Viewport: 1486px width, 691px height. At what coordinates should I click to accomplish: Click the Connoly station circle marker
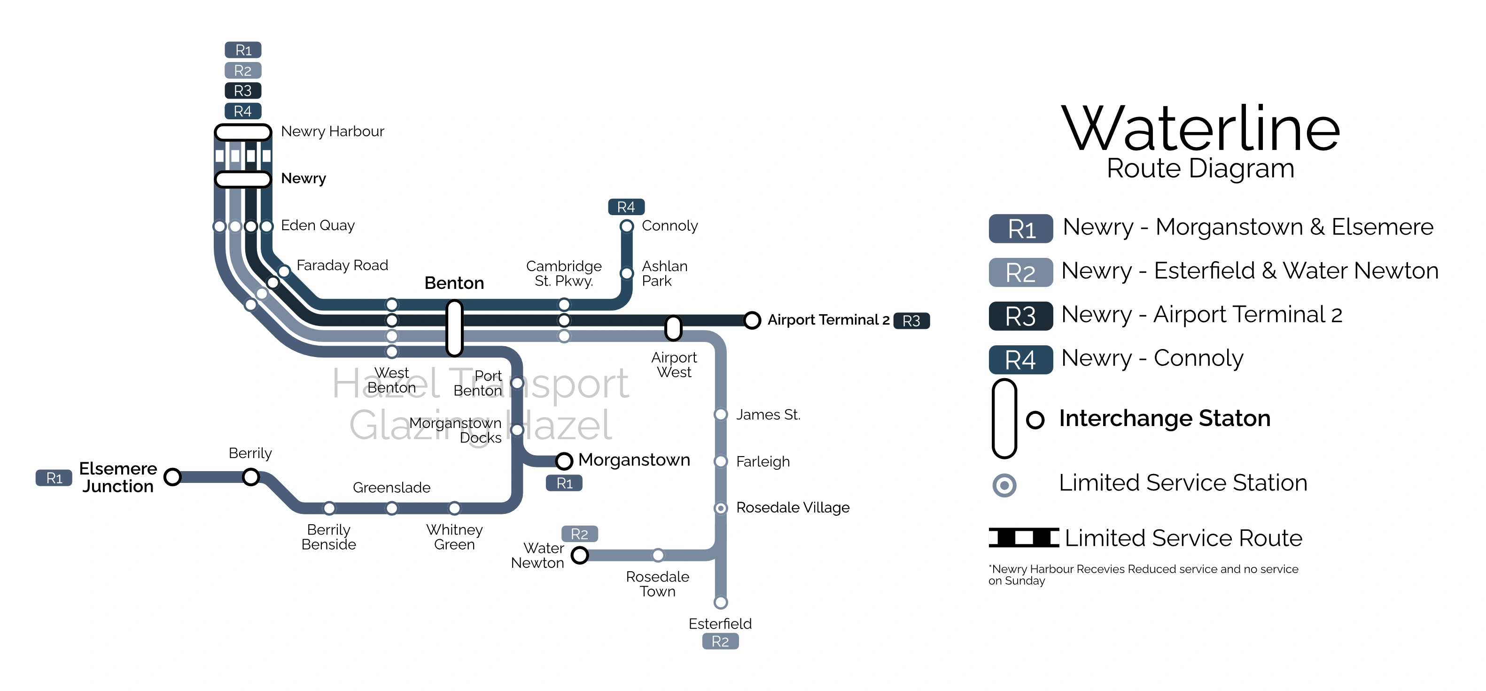click(x=626, y=226)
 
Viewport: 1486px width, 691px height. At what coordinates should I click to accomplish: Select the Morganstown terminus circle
click(x=564, y=460)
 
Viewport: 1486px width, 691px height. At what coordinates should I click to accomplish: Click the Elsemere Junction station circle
click(x=172, y=477)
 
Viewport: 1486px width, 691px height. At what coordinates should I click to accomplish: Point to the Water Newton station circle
click(x=579, y=555)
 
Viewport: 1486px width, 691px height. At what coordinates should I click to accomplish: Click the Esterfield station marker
click(x=721, y=602)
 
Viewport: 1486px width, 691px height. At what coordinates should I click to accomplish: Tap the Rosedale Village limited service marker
click(x=721, y=508)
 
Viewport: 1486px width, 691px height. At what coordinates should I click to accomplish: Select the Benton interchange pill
click(x=455, y=327)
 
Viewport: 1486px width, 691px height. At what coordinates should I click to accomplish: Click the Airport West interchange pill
click(x=673, y=327)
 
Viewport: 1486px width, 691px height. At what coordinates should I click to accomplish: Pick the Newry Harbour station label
click(x=332, y=132)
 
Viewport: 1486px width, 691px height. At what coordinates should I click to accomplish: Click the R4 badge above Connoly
click(x=626, y=207)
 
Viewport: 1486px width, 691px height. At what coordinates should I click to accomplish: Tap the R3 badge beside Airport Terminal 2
click(x=911, y=321)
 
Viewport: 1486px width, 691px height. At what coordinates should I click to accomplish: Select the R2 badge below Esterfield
click(x=720, y=641)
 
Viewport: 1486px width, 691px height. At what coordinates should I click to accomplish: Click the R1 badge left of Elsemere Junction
click(x=54, y=478)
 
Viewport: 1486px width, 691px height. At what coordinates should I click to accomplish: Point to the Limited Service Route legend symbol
click(x=1023, y=537)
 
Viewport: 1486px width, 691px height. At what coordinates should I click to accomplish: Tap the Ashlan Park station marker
click(x=626, y=273)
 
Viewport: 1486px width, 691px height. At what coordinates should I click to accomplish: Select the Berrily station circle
click(x=250, y=477)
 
